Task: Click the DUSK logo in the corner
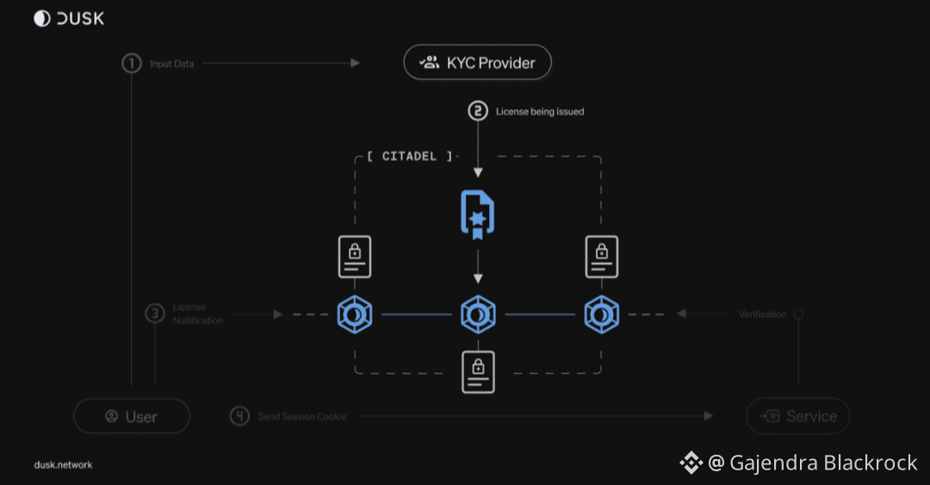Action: [x=69, y=18]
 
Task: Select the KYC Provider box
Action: [x=477, y=62]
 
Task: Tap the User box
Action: [x=132, y=416]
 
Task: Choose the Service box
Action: [x=797, y=416]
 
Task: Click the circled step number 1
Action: [x=131, y=64]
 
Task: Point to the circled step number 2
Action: [x=478, y=110]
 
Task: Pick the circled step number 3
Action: [x=155, y=314]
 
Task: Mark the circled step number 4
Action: [x=239, y=416]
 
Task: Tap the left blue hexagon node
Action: [x=354, y=314]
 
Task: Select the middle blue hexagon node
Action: [x=478, y=314]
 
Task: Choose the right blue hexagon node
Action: [x=601, y=314]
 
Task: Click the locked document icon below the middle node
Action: [x=478, y=372]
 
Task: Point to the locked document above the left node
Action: [x=354, y=257]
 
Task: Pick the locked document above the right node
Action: [x=601, y=257]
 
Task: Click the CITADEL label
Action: [x=409, y=156]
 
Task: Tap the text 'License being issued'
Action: [x=540, y=111]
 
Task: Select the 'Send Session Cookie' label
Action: [x=302, y=417]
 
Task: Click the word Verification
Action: [x=762, y=314]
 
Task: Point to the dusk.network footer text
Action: [x=63, y=465]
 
